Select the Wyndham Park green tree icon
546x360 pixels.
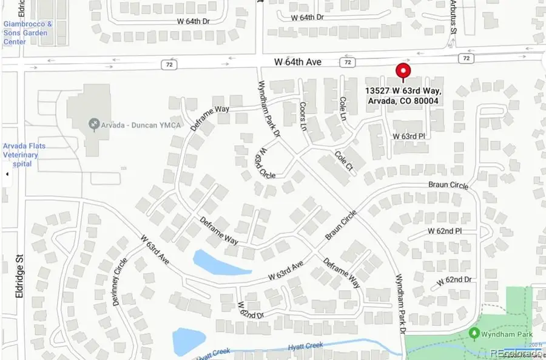click(474, 333)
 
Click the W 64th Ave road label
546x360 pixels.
click(298, 62)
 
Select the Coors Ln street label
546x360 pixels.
click(303, 114)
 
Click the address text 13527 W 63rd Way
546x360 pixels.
click(403, 91)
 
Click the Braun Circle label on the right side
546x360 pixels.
click(450, 185)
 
